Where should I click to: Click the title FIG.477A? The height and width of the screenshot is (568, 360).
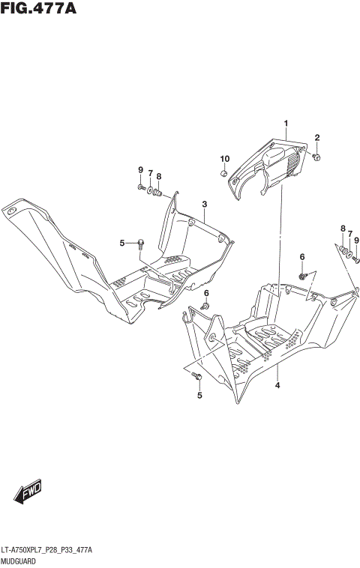[x=40, y=9]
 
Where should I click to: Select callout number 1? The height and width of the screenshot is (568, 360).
[x=286, y=123]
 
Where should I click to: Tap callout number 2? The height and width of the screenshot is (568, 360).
[x=317, y=137]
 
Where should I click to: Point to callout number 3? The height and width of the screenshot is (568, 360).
[x=204, y=204]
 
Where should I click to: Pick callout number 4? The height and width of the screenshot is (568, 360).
[x=277, y=385]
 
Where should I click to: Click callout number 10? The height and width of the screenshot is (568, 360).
[x=224, y=158]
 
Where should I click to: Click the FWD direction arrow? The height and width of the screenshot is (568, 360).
[x=28, y=492]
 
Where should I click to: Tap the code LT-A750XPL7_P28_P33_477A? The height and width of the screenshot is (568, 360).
[x=46, y=549]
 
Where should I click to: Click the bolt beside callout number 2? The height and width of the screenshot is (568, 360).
[x=317, y=157]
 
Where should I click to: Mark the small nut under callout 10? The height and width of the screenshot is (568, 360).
[x=223, y=174]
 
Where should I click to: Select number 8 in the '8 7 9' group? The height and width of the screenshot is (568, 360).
[x=343, y=229]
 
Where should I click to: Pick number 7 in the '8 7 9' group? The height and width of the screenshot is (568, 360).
[x=349, y=234]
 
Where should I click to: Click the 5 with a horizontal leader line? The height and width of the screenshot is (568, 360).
[x=122, y=243]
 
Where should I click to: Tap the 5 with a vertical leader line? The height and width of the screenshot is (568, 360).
[x=199, y=395]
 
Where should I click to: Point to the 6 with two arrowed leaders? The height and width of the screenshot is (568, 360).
[x=303, y=257]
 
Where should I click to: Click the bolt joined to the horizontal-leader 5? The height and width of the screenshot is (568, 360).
[x=141, y=241]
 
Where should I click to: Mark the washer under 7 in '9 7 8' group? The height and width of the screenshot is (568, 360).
[x=149, y=190]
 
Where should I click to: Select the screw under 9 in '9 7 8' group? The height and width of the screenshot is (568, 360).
[x=140, y=187]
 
